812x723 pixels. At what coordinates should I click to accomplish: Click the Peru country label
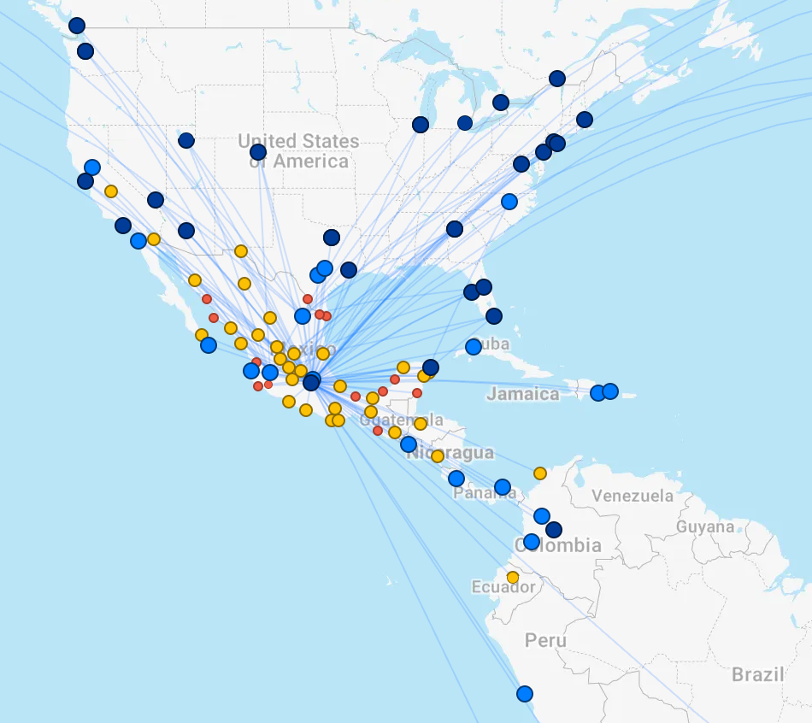tap(545, 640)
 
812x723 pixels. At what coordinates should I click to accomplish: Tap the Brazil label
tap(757, 674)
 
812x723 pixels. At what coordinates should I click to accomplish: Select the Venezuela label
tap(633, 496)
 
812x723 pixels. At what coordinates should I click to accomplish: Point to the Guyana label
tap(705, 526)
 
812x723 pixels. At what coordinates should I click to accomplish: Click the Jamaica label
tap(523, 394)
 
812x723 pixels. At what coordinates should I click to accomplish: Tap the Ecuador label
tap(503, 587)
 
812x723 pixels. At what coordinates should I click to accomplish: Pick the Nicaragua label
tap(450, 452)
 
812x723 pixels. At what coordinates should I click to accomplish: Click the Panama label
tap(485, 493)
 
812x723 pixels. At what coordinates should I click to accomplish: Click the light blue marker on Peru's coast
tap(525, 694)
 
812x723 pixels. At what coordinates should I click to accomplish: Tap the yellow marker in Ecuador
tap(513, 577)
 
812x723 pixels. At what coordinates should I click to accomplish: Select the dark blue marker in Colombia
tap(554, 530)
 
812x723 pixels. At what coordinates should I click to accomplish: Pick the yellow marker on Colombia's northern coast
tap(540, 473)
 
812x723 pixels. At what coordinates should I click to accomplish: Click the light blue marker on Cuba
tap(474, 347)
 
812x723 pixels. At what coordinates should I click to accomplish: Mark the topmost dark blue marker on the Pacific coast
tap(77, 26)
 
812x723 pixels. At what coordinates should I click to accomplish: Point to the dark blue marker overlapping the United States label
tap(258, 153)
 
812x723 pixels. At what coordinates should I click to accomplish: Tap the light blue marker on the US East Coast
tap(509, 202)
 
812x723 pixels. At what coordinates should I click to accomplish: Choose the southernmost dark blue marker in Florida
tap(494, 316)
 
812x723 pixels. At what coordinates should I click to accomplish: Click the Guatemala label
tap(402, 420)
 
